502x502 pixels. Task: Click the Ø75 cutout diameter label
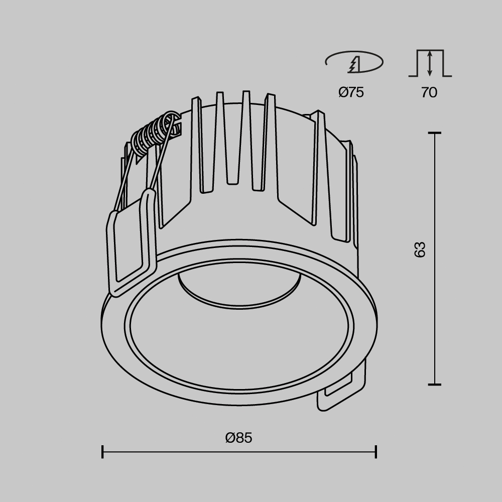pyautogui.click(x=351, y=92)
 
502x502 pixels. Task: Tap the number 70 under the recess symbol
pyautogui.click(x=429, y=92)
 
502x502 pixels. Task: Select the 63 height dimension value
pyautogui.click(x=420, y=249)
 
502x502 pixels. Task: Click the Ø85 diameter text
pyautogui.click(x=238, y=438)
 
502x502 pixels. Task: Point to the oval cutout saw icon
pyautogui.click(x=354, y=63)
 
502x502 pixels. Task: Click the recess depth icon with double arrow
pyautogui.click(x=430, y=63)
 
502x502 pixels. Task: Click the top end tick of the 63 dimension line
pyautogui.click(x=434, y=133)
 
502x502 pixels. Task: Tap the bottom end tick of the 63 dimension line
pyautogui.click(x=434, y=385)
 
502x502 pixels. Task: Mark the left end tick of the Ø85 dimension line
pyautogui.click(x=102, y=452)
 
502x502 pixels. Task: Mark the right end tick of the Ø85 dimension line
pyautogui.click(x=376, y=452)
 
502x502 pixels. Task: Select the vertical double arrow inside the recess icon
pyautogui.click(x=430, y=63)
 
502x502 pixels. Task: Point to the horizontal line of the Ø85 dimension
pyautogui.click(x=239, y=452)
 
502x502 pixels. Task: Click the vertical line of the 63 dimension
pyautogui.click(x=434, y=301)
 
